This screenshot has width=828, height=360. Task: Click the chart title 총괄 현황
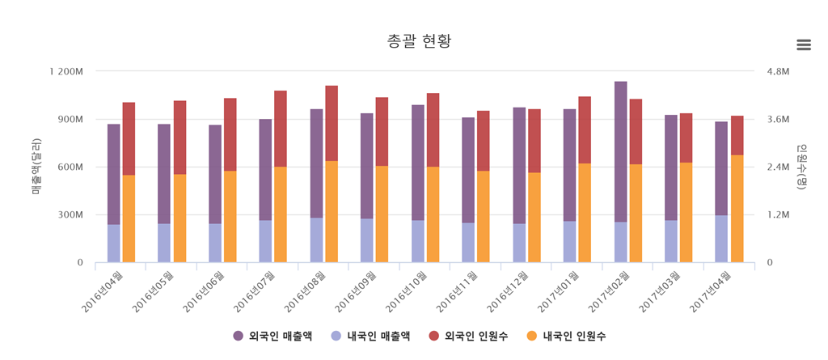coord(413,41)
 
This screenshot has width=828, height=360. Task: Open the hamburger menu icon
coord(803,44)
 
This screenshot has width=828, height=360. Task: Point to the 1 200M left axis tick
coord(65,71)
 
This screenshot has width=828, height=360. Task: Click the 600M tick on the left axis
coord(69,167)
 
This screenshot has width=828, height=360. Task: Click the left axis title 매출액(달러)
coord(36,167)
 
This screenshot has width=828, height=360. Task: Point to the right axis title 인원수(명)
coord(802,167)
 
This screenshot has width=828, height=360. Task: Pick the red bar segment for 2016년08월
coord(332,123)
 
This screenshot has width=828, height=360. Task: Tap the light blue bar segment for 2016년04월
coord(113,244)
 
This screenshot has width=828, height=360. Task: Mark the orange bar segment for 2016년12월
coord(534,218)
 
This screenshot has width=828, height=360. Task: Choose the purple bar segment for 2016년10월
coord(417,163)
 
